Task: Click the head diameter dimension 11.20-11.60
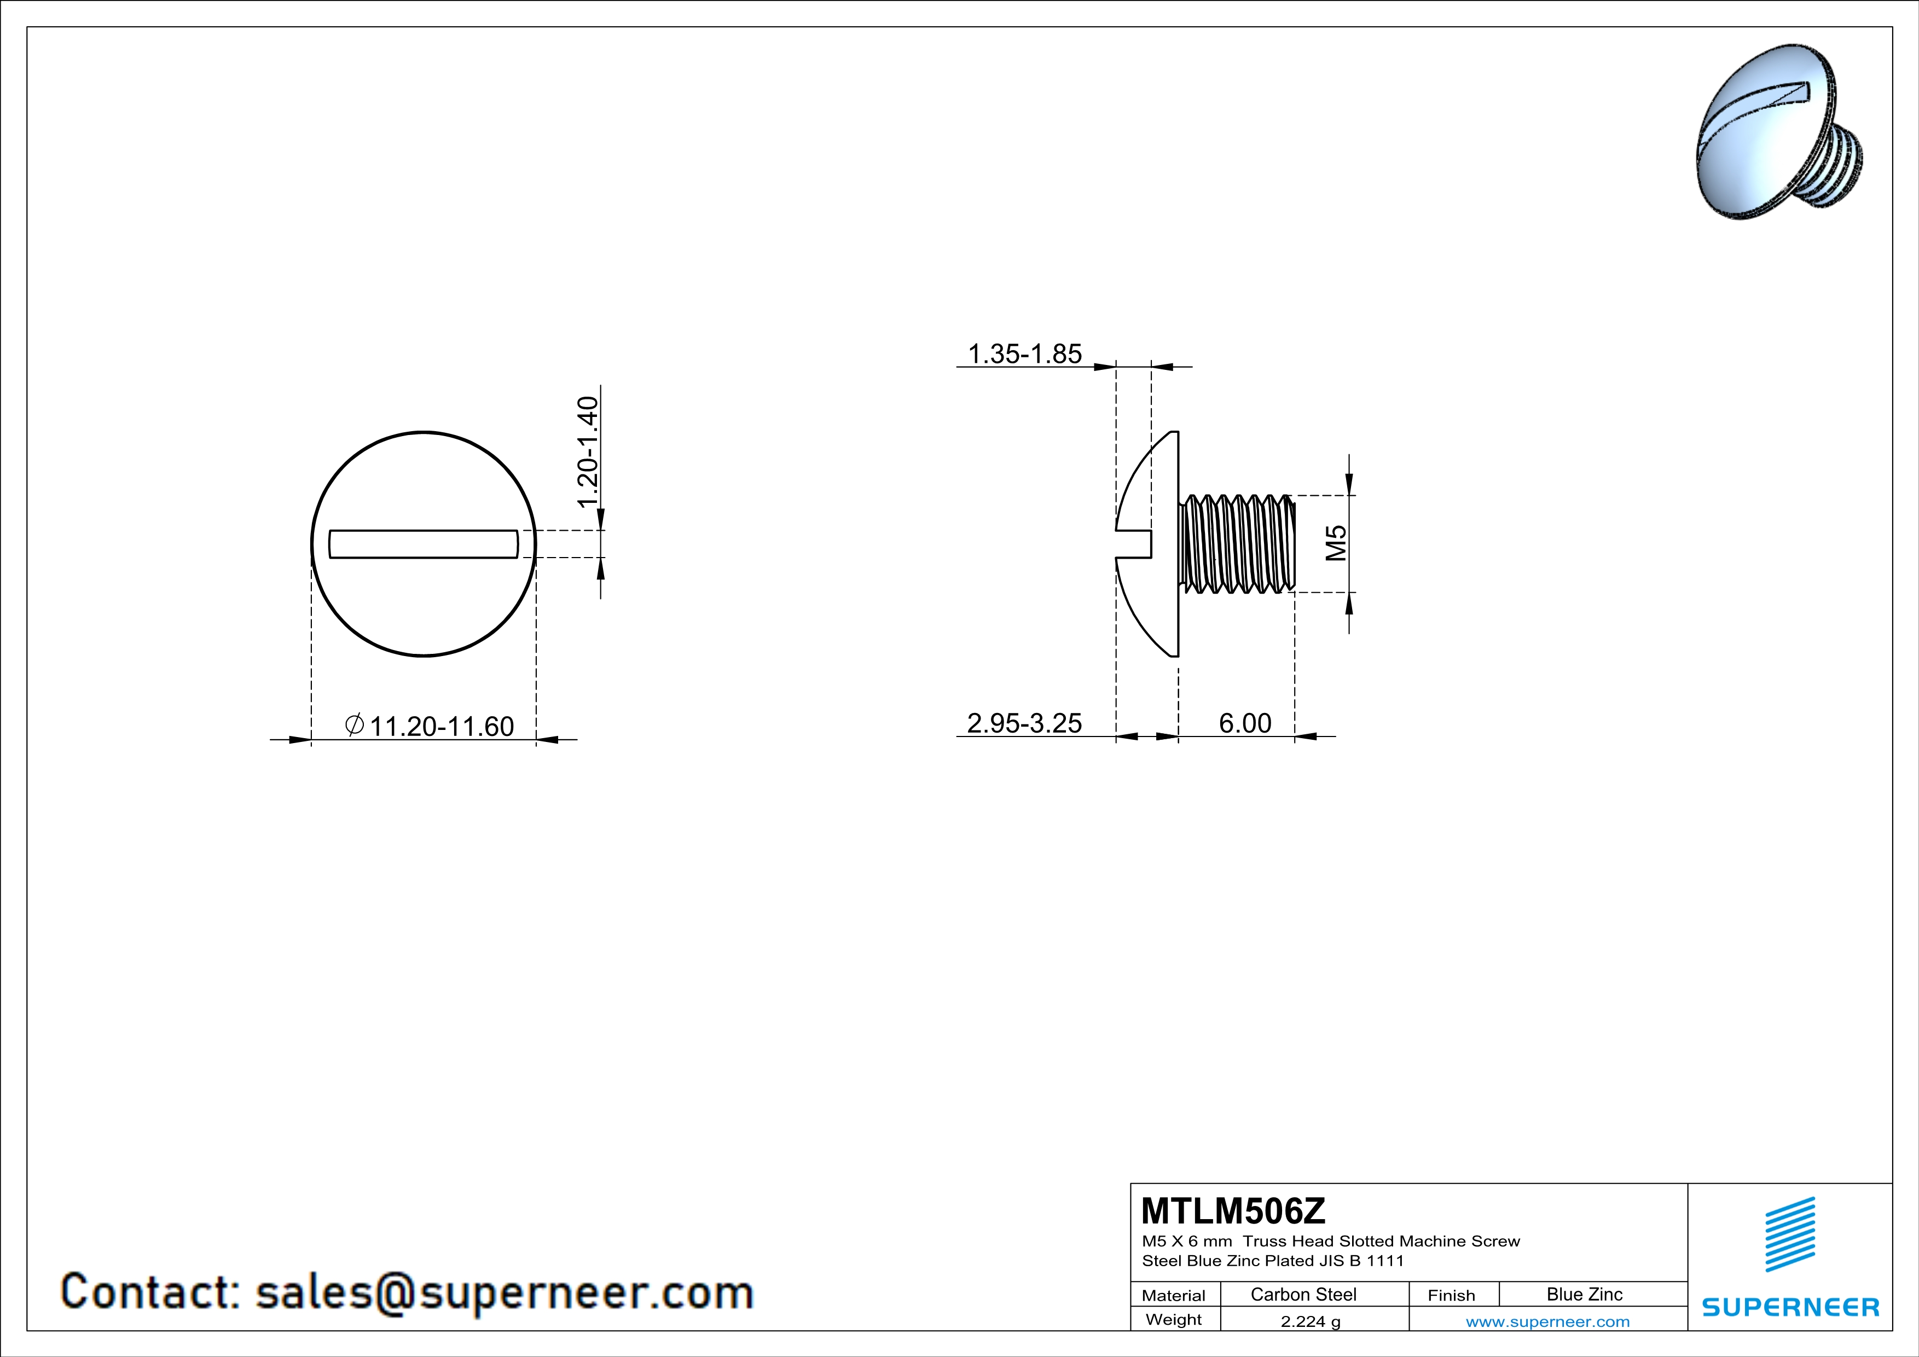(x=441, y=726)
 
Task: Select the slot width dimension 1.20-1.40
(x=588, y=451)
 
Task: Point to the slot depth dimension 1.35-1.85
(x=1025, y=353)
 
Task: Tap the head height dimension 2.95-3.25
(x=1024, y=723)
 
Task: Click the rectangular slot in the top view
(x=423, y=544)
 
